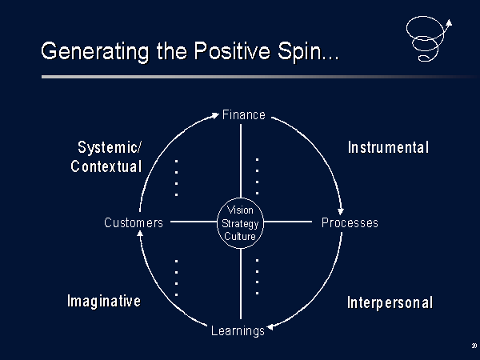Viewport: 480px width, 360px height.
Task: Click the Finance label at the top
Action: coord(244,114)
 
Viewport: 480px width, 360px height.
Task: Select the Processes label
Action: coord(350,222)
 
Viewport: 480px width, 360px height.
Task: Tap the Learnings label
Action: coord(238,331)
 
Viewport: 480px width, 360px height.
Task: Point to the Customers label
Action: coord(134,222)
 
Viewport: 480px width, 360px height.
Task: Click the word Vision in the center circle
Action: coord(240,210)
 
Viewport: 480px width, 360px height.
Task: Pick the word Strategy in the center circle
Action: coord(240,224)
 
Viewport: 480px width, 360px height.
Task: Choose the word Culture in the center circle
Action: coord(240,236)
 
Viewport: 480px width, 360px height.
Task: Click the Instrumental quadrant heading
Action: coord(388,147)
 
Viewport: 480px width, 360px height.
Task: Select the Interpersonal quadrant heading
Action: coord(390,302)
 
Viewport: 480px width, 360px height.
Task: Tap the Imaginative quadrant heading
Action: coord(104,301)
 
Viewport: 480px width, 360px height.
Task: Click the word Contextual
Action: coord(106,166)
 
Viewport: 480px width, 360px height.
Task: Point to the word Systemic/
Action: coord(110,147)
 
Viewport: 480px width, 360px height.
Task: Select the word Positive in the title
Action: coord(232,51)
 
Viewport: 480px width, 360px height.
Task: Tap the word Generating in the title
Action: coord(95,51)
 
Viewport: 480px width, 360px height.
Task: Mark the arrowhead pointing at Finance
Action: coord(215,115)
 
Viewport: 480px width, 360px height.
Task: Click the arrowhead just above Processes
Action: coord(341,211)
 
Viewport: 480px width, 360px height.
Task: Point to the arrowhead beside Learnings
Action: coord(270,327)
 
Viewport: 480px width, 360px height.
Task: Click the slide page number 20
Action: coord(474,346)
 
